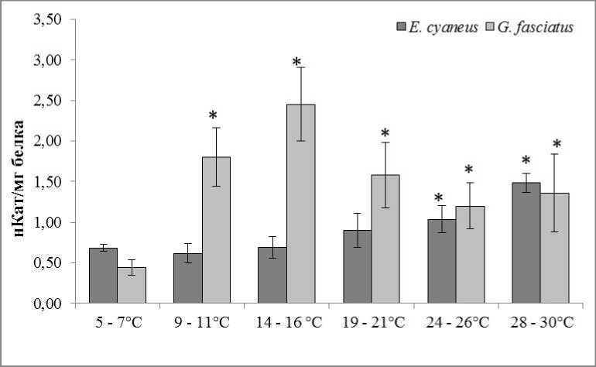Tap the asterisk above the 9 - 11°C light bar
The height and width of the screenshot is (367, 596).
[x=213, y=117]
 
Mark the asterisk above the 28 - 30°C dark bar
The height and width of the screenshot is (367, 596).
[x=526, y=161]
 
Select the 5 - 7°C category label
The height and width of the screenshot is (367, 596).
[x=118, y=322]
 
